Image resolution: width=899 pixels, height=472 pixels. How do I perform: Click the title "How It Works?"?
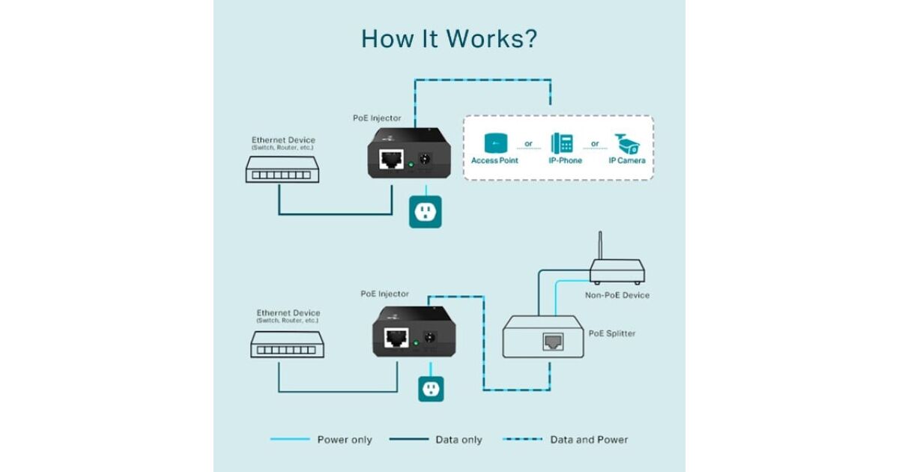tap(449, 38)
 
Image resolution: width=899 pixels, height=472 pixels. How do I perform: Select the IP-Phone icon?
tap(563, 142)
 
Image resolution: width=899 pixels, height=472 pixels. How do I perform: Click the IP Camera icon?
tap(627, 142)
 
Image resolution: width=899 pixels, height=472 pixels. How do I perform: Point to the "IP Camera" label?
tap(627, 160)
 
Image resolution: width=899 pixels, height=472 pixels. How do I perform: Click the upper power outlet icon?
tap(424, 212)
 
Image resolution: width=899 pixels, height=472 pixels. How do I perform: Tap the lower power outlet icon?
tap(431, 388)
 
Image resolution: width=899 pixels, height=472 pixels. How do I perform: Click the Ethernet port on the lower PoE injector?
tap(396, 337)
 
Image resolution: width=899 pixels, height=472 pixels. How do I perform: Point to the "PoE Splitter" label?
tap(612, 333)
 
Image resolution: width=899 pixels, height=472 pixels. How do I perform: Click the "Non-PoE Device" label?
tap(617, 295)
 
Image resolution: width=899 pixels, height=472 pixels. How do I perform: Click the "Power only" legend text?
tap(345, 440)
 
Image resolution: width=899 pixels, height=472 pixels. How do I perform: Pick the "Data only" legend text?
tap(458, 440)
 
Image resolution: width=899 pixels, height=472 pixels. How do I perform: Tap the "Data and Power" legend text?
tap(589, 440)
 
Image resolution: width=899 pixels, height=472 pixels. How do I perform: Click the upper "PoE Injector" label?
tap(377, 118)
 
